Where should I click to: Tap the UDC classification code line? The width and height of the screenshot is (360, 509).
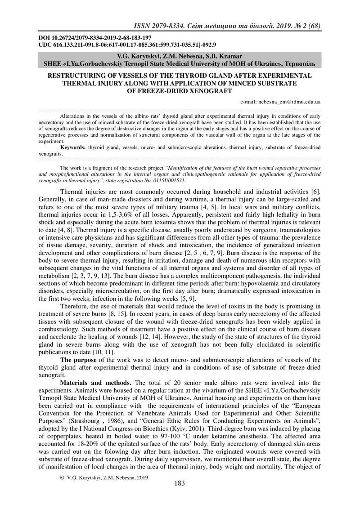(127, 45)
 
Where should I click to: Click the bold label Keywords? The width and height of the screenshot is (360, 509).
(73, 147)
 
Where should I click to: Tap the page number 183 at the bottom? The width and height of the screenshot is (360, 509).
(180, 496)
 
